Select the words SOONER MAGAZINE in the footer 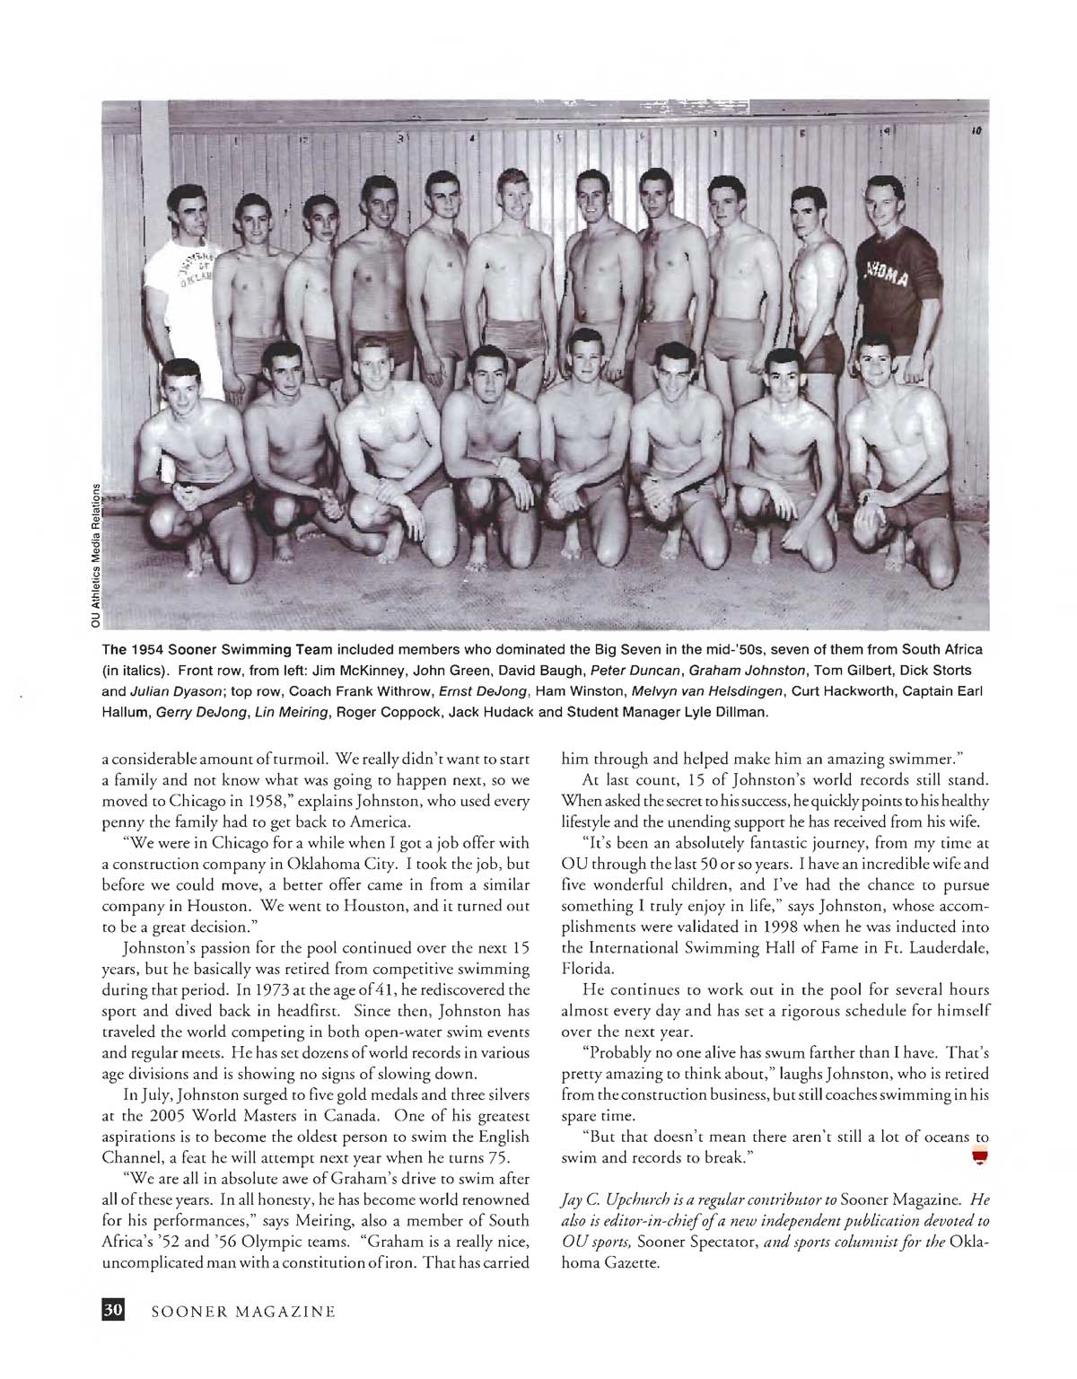click(x=243, y=1312)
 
